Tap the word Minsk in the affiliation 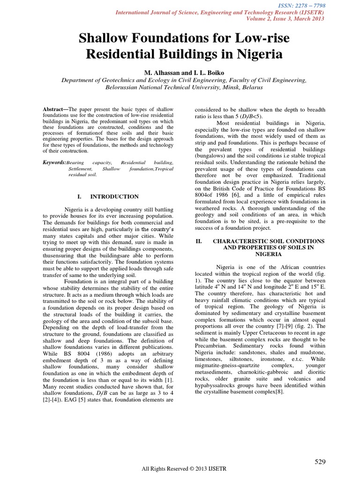pos(217,87)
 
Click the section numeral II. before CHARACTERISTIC pos(198,240)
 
